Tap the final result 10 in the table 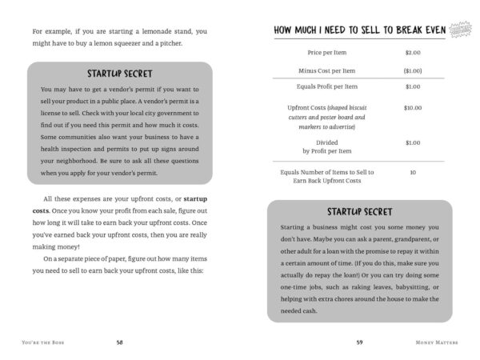tap(413, 172)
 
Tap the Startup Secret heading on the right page tap(359, 212)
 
